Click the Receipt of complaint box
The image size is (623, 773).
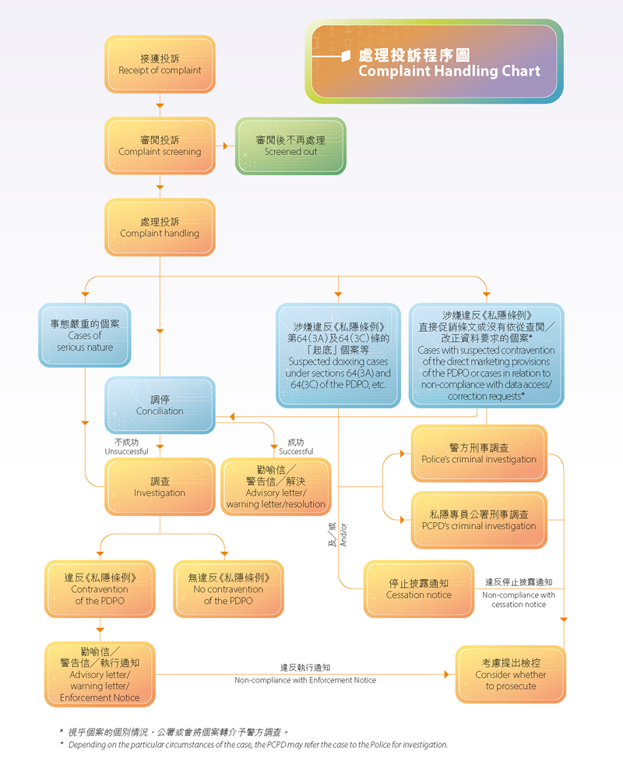point(160,64)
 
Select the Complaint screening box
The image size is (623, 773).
point(160,146)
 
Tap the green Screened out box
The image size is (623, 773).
point(290,146)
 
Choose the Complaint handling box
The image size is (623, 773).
point(160,228)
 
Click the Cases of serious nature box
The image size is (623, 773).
point(85,335)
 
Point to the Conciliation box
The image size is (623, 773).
point(160,404)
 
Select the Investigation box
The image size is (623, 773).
point(160,486)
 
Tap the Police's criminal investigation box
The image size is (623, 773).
point(479,454)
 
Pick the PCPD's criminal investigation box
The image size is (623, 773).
point(479,520)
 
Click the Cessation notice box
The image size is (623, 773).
point(419,589)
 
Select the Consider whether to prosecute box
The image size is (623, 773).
point(511,674)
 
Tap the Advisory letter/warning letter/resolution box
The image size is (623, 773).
point(276,486)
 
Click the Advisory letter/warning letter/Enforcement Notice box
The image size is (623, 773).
point(100,674)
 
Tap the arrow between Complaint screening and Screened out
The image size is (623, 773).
point(226,146)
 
